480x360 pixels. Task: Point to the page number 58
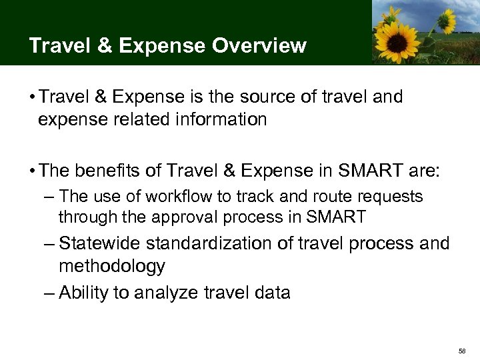coord(462,350)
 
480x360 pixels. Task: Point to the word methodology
coord(112,267)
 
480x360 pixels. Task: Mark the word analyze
coord(169,293)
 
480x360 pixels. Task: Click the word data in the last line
coord(271,292)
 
